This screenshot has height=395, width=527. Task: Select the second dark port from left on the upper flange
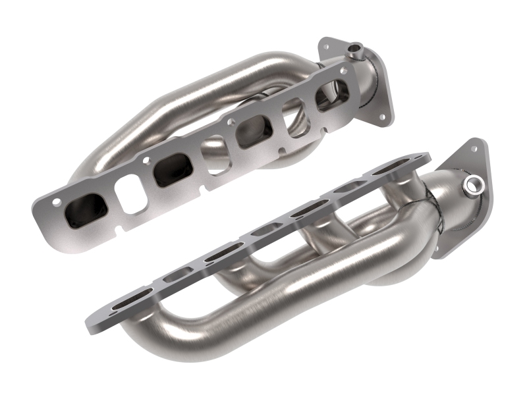click(x=172, y=170)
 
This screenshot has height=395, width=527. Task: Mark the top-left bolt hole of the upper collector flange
click(x=325, y=46)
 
